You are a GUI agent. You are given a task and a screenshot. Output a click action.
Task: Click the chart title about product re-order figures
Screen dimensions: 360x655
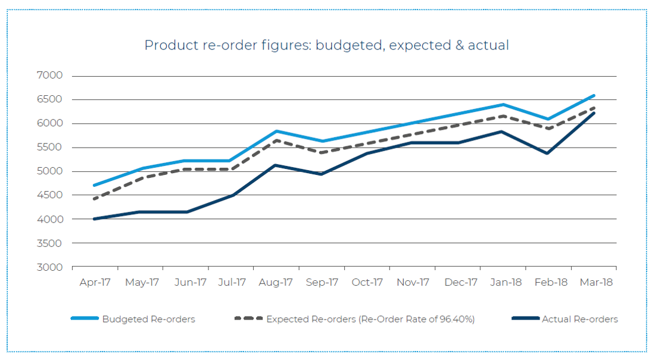point(326,45)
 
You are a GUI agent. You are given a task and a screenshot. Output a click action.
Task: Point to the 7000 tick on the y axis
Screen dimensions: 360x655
point(51,76)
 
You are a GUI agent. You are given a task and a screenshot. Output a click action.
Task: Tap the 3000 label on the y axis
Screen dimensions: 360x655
point(51,267)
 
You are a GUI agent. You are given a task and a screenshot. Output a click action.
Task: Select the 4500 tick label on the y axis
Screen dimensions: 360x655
point(51,195)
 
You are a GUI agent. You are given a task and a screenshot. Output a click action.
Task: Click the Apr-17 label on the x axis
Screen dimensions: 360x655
point(95,282)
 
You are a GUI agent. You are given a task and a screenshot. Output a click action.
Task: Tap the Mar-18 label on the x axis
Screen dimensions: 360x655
point(596,282)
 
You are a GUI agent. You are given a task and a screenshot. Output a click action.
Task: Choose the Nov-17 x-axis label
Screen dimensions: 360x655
point(413,282)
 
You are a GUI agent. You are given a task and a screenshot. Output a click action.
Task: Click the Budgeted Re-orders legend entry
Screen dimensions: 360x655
point(148,319)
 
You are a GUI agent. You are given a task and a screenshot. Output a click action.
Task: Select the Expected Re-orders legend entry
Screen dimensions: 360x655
point(370,319)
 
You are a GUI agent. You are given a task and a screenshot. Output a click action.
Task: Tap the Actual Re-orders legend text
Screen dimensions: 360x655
point(579,319)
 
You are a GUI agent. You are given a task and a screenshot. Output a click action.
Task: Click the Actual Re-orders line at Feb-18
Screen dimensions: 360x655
point(548,153)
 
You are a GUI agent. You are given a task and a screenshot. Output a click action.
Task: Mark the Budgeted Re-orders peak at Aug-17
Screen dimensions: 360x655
point(276,131)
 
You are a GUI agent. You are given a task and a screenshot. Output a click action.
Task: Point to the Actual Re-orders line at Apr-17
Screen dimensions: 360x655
point(95,219)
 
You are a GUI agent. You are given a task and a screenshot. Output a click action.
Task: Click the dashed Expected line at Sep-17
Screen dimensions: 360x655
point(322,152)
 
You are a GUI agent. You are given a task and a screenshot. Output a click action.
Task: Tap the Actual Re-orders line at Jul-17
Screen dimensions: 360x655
point(231,195)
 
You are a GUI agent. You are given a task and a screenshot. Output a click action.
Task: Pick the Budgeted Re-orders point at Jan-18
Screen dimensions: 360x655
point(503,105)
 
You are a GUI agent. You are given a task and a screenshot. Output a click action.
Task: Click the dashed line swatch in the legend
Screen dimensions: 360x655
point(248,319)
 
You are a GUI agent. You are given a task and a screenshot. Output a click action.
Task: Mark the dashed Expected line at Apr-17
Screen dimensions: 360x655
point(95,199)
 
